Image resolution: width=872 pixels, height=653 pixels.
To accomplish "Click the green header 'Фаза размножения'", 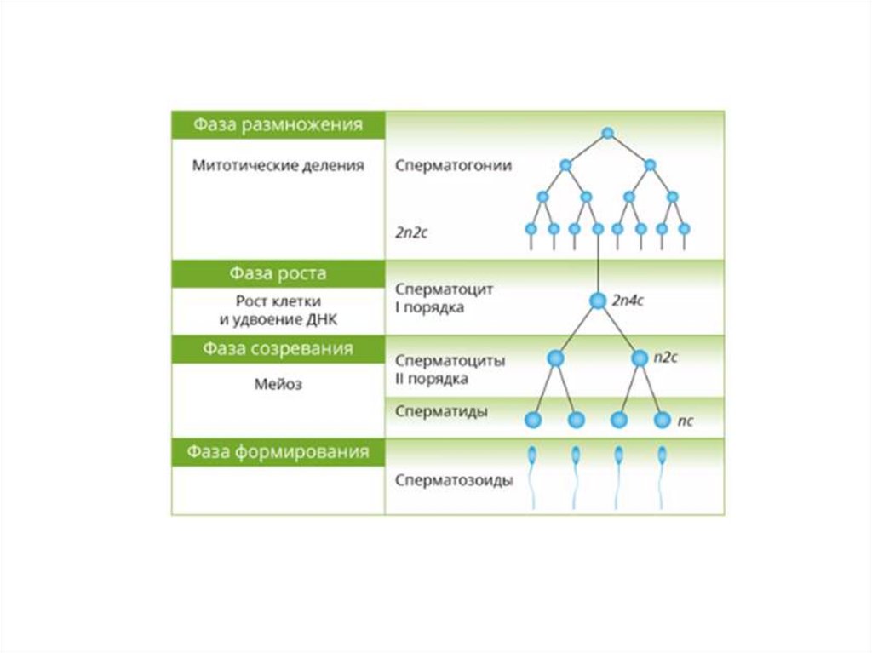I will tap(278, 125).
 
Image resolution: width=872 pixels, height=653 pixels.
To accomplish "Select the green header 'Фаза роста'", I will tap(278, 274).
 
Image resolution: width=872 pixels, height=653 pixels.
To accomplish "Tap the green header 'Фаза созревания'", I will tap(278, 349).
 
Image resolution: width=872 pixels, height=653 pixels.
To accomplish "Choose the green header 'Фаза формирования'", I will tap(278, 452).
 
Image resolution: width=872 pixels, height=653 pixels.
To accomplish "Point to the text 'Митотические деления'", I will tap(278, 166).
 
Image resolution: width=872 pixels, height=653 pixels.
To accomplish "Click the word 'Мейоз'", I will tap(278, 384).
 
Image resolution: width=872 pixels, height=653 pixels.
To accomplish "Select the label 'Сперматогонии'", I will tap(453, 166).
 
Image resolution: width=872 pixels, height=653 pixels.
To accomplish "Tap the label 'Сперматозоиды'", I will tap(454, 480).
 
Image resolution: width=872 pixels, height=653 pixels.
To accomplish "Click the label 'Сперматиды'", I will tap(441, 412).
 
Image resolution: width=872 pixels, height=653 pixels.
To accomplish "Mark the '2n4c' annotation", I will tap(628, 300).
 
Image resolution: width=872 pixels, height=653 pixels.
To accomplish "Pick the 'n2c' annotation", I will tap(665, 358).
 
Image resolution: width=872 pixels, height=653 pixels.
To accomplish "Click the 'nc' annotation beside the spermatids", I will tap(686, 421).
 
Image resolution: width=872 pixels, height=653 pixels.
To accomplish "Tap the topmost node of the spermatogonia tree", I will tap(607, 133).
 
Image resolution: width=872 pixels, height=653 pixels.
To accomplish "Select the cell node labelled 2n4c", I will tap(598, 300).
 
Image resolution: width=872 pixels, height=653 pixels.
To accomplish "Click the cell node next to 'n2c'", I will tap(640, 359).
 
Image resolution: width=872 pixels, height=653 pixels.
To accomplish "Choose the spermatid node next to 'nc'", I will tap(662, 420).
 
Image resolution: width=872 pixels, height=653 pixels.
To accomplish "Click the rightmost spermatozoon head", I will tap(662, 455).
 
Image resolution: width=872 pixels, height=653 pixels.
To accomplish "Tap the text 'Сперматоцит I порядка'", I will tap(445, 298).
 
